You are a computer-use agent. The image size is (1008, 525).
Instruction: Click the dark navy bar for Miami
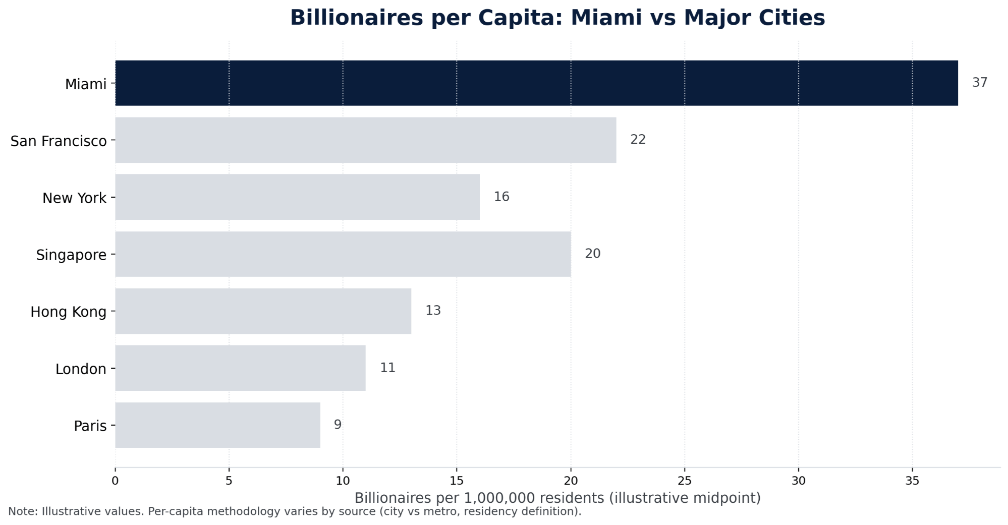536,83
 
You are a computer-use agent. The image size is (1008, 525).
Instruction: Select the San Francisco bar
365,140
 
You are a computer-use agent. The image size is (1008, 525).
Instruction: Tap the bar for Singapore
343,254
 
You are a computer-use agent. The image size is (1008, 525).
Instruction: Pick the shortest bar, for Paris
217,425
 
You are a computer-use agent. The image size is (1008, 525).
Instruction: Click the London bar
240,368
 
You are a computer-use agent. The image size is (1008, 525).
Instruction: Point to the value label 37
979,83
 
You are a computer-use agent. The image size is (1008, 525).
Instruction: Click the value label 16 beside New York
501,197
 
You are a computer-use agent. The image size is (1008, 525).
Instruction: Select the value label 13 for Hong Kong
433,311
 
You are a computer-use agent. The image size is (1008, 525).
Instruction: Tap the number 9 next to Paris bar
338,425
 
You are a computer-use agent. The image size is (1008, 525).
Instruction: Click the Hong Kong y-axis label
68,312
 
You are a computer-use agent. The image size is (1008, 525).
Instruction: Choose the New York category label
74,198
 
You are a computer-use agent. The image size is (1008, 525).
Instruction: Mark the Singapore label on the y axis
71,255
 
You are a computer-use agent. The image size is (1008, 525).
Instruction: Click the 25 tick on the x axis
685,481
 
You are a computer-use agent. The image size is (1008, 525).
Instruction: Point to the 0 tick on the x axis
115,481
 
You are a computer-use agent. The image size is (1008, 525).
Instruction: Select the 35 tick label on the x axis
912,481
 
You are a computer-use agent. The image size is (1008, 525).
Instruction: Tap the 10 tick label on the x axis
343,481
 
